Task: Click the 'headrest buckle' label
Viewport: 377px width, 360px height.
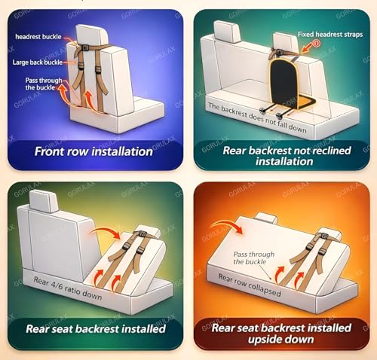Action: click(x=38, y=37)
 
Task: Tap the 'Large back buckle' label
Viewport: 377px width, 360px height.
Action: click(x=38, y=63)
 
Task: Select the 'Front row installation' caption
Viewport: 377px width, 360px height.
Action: click(x=93, y=151)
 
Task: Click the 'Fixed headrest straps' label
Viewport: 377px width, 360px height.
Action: click(x=330, y=35)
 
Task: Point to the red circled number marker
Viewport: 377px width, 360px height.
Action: click(x=317, y=44)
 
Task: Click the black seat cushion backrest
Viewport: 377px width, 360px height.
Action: click(x=284, y=81)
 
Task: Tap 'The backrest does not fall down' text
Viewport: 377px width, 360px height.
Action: click(x=257, y=117)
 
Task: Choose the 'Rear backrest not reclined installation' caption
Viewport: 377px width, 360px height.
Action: click(x=287, y=156)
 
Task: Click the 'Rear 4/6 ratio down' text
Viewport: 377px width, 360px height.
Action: click(x=68, y=288)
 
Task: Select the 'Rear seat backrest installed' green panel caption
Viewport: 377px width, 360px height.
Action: click(x=96, y=328)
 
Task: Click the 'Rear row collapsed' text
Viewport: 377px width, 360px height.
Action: click(x=250, y=285)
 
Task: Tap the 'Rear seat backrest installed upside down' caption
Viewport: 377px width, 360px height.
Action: click(x=281, y=334)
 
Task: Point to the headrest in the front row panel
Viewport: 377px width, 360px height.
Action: click(x=92, y=35)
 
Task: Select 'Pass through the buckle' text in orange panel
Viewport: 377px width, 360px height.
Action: click(x=254, y=258)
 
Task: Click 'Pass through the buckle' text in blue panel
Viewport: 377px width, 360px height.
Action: click(x=44, y=84)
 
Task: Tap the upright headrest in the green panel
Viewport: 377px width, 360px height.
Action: click(x=44, y=201)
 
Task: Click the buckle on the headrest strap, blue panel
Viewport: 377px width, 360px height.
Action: click(x=85, y=47)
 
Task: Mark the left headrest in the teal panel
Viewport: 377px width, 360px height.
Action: click(x=227, y=32)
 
